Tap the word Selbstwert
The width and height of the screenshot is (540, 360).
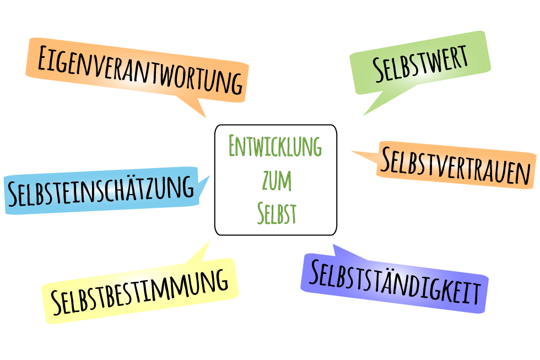coord(420,64)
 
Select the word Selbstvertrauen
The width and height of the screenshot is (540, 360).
coord(456,165)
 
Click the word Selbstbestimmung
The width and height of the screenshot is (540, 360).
coord(139,292)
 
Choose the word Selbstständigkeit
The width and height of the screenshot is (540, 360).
coord(395,282)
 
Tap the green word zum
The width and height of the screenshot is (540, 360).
coord(277,180)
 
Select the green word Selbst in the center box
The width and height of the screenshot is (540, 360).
coord(277,213)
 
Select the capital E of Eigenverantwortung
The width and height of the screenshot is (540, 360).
coord(43,57)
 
